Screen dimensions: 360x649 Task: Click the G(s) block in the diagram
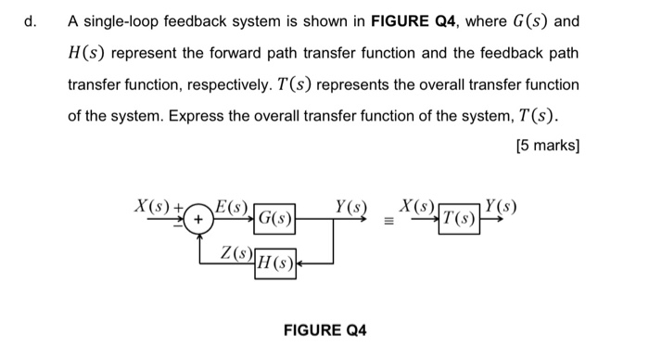pyautogui.click(x=275, y=220)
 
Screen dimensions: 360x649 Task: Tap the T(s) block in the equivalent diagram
pyautogui.click(x=461, y=220)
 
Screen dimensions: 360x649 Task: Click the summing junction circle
pyautogui.click(x=197, y=220)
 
